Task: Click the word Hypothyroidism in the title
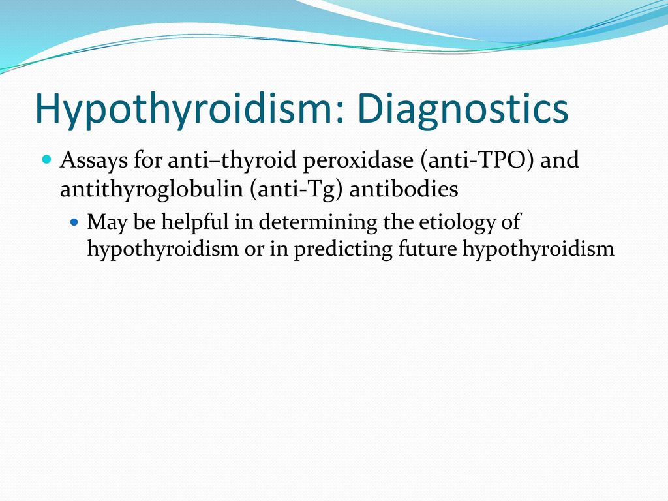pyautogui.click(x=183, y=109)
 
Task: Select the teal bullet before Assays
pyautogui.click(x=47, y=160)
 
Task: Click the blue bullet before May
pyautogui.click(x=74, y=222)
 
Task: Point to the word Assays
pyautogui.click(x=94, y=160)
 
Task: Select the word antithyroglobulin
pyautogui.click(x=151, y=189)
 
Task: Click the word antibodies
pyautogui.click(x=404, y=188)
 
